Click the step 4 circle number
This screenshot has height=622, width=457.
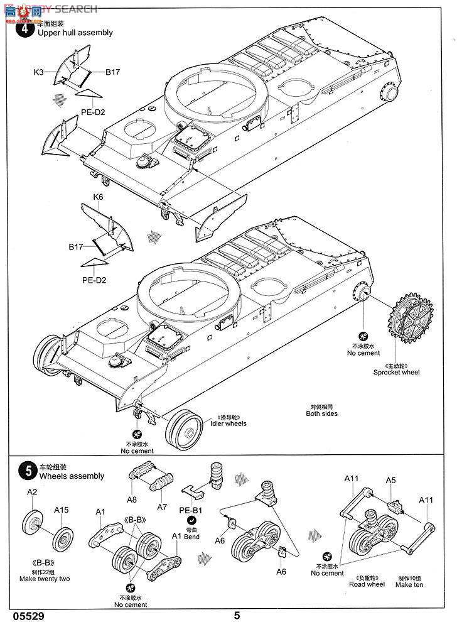26,28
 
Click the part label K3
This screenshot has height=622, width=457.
39,73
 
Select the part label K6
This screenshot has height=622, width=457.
98,197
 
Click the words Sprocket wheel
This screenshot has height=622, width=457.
396,372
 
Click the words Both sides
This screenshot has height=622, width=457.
321,413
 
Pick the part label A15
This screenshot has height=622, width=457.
61,510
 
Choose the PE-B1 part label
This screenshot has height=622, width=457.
191,511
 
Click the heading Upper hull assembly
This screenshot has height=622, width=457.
75,33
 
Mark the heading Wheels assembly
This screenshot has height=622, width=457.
72,476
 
